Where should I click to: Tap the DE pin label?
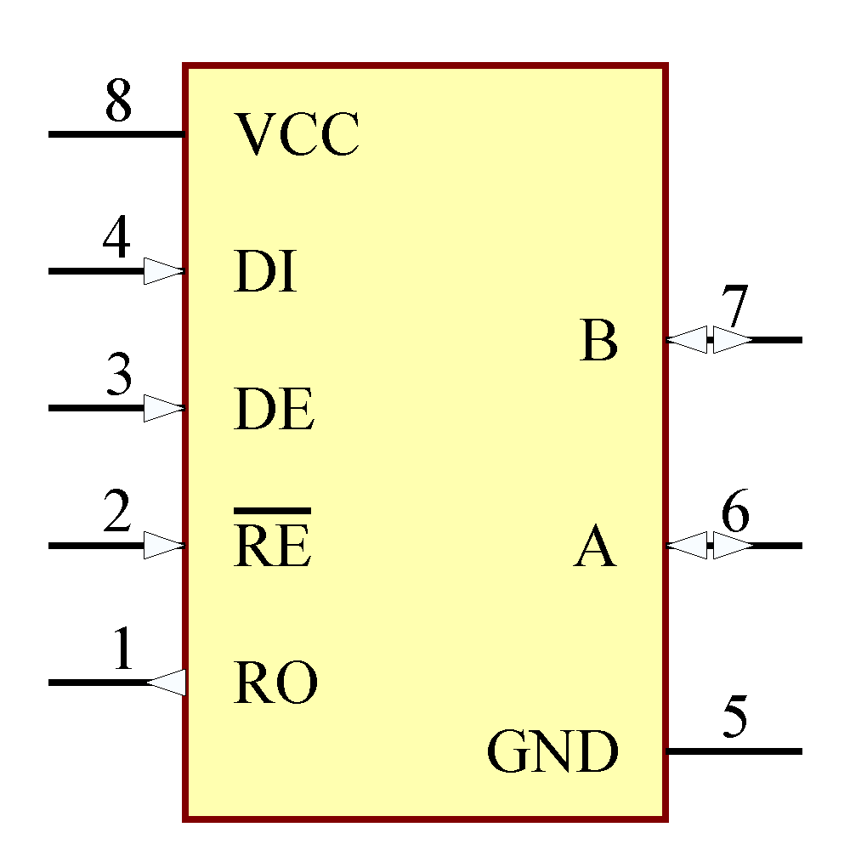[x=275, y=410]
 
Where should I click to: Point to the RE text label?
[x=273, y=547]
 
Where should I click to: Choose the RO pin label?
[x=275, y=683]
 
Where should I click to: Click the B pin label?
[x=598, y=342]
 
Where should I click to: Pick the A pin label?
[x=595, y=547]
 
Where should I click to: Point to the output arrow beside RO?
[x=167, y=682]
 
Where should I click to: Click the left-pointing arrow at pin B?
[x=687, y=339]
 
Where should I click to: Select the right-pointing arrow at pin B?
[x=732, y=339]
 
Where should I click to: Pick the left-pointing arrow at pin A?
[x=687, y=545]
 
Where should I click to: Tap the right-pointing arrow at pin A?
[x=732, y=545]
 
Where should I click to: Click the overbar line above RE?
[x=272, y=511]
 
